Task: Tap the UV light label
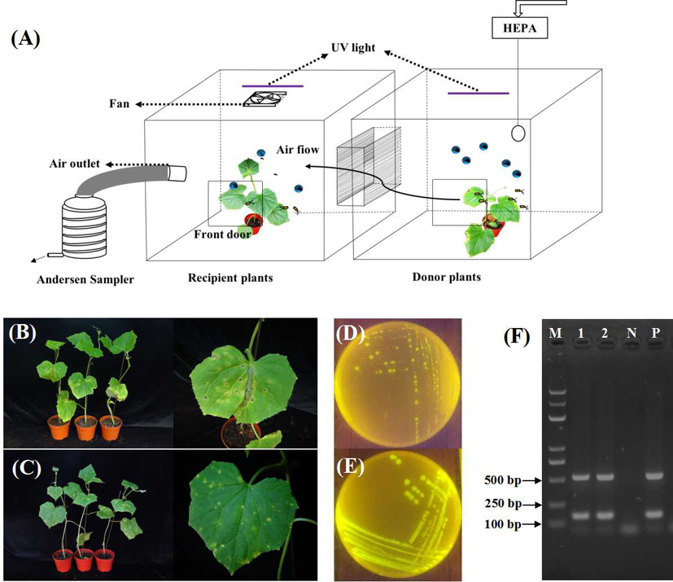click(x=352, y=47)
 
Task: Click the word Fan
click(x=120, y=104)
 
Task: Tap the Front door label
click(x=221, y=234)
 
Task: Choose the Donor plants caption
click(x=446, y=277)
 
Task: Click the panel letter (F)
click(x=518, y=336)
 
